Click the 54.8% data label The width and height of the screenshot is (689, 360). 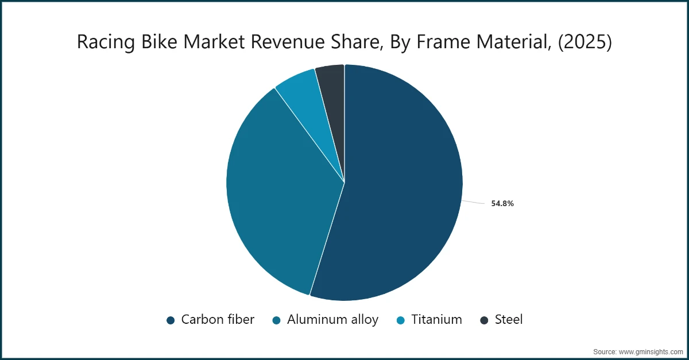tap(502, 203)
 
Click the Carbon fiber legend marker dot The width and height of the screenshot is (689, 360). tap(171, 320)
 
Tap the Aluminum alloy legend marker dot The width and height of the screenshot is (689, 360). tap(277, 320)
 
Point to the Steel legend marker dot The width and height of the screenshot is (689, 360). tap(484, 320)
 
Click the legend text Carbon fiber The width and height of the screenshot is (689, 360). tap(218, 320)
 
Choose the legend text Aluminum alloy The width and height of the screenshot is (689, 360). tap(332, 320)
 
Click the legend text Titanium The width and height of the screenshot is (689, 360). tap(436, 320)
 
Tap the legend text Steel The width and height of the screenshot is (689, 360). tap(509, 320)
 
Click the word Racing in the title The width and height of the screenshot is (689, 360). tap(103, 42)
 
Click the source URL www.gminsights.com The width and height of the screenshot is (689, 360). tap(648, 351)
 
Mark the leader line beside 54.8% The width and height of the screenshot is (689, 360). tap(474, 202)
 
